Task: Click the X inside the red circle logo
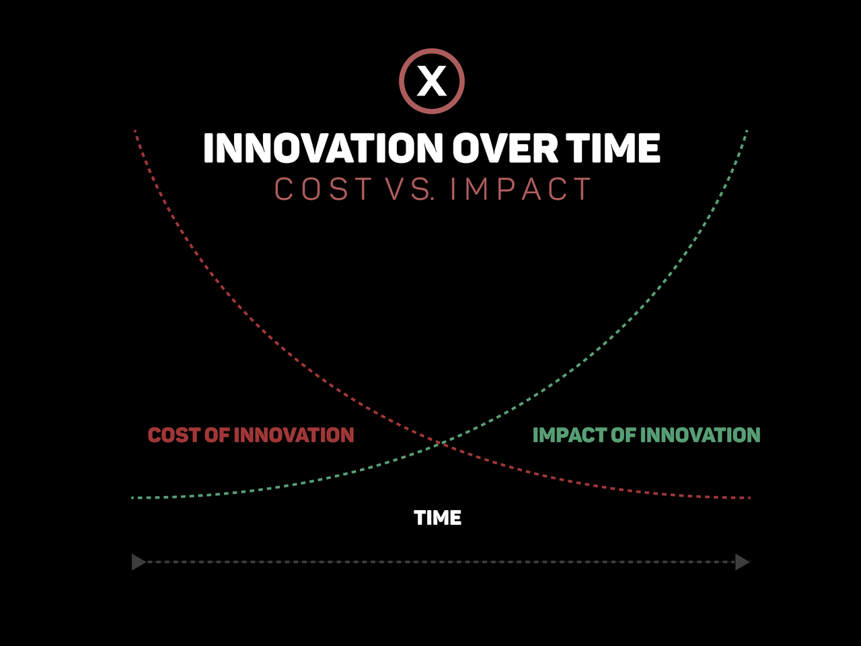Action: pos(431,81)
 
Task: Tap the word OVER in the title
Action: pos(505,148)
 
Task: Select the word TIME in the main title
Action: pos(613,148)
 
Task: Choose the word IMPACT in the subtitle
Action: pos(521,188)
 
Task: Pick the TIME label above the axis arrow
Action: pos(437,517)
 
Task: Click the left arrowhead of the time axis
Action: pos(139,562)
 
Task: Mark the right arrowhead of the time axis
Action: pos(742,562)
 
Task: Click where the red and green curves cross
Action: pos(441,443)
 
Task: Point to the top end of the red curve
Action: pos(135,131)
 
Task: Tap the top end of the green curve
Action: pos(747,131)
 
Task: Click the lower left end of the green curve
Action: pos(133,498)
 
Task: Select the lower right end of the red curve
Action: pos(749,498)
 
